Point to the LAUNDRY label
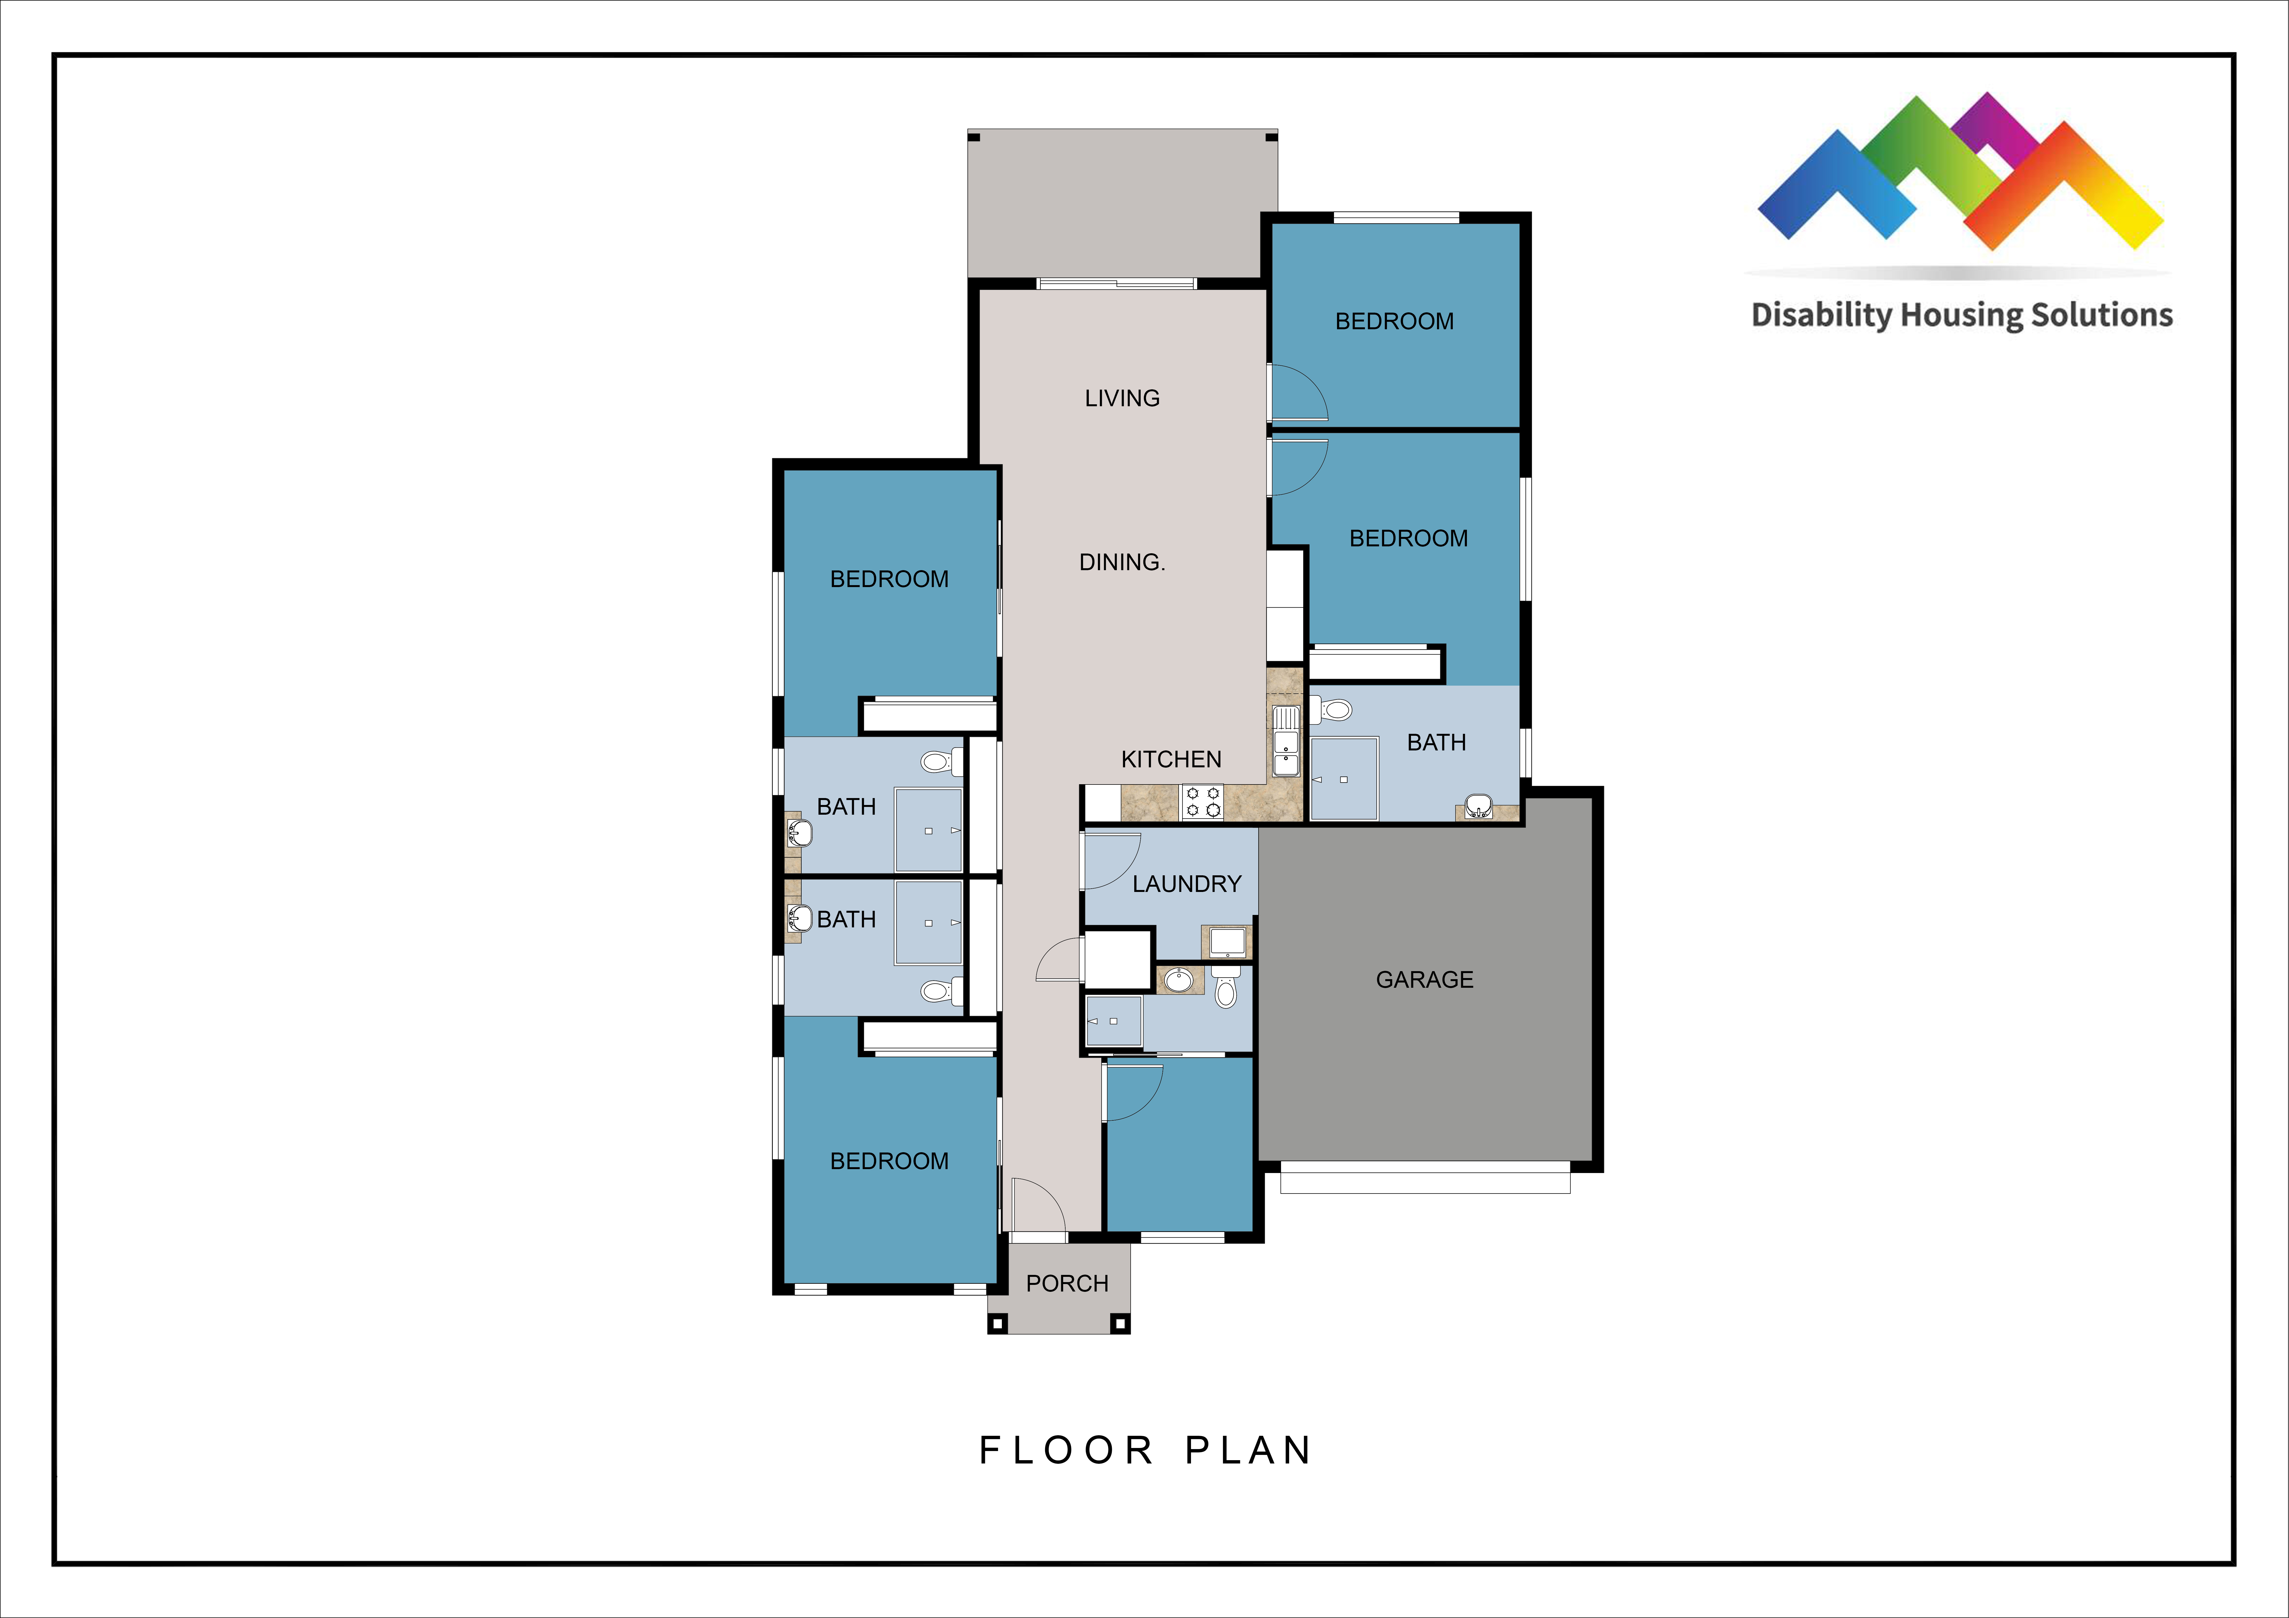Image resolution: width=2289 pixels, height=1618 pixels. [1186, 884]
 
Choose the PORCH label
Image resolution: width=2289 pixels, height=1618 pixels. [1067, 1284]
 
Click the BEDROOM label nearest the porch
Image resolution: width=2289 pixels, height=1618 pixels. [889, 1161]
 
